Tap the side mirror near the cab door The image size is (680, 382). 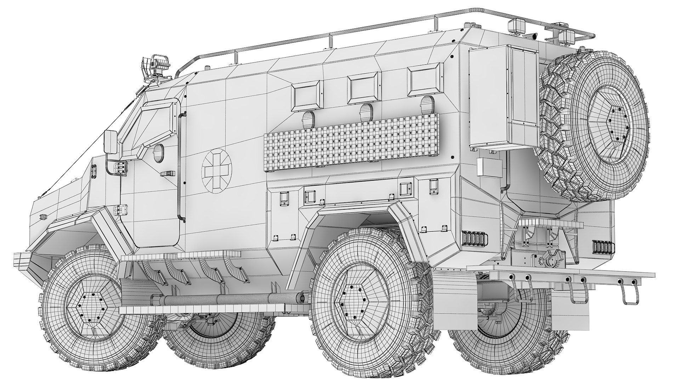pyautogui.click(x=112, y=142)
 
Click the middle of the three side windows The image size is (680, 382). pyautogui.click(x=364, y=88)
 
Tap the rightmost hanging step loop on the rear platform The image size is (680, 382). pyautogui.click(x=630, y=295)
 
